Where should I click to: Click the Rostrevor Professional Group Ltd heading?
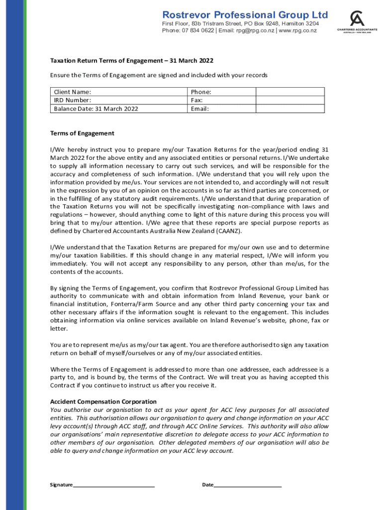245,14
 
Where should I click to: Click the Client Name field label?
73,92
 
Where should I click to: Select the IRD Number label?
73,100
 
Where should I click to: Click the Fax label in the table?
197,100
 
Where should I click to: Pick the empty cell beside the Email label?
290,109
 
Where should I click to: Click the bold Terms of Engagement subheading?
82,133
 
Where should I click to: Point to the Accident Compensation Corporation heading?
103,401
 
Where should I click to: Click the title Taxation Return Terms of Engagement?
132,61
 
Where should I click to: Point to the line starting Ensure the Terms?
159,75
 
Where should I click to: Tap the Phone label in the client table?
201,92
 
